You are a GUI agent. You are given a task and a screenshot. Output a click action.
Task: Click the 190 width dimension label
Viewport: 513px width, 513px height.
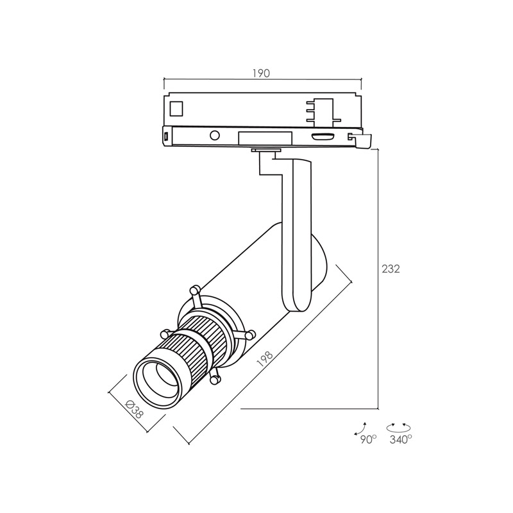click(x=261, y=73)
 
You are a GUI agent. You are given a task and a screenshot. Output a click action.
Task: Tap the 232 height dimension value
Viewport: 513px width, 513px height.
click(x=391, y=269)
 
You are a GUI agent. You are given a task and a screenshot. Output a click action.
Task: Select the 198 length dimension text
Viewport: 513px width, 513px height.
click(x=265, y=358)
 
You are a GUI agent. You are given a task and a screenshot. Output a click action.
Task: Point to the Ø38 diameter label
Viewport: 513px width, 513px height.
click(x=135, y=409)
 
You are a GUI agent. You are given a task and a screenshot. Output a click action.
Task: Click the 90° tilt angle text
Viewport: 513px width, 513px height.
click(x=369, y=439)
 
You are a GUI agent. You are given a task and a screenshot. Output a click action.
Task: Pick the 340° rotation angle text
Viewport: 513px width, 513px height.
click(x=400, y=439)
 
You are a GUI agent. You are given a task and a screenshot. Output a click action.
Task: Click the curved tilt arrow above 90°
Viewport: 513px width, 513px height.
click(x=360, y=428)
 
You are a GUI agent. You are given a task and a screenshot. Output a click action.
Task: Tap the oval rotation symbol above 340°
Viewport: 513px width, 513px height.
click(x=399, y=427)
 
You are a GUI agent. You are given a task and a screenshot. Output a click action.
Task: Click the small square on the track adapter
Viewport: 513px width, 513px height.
click(x=176, y=108)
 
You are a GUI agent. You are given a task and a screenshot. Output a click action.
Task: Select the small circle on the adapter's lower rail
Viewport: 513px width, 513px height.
click(x=215, y=135)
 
